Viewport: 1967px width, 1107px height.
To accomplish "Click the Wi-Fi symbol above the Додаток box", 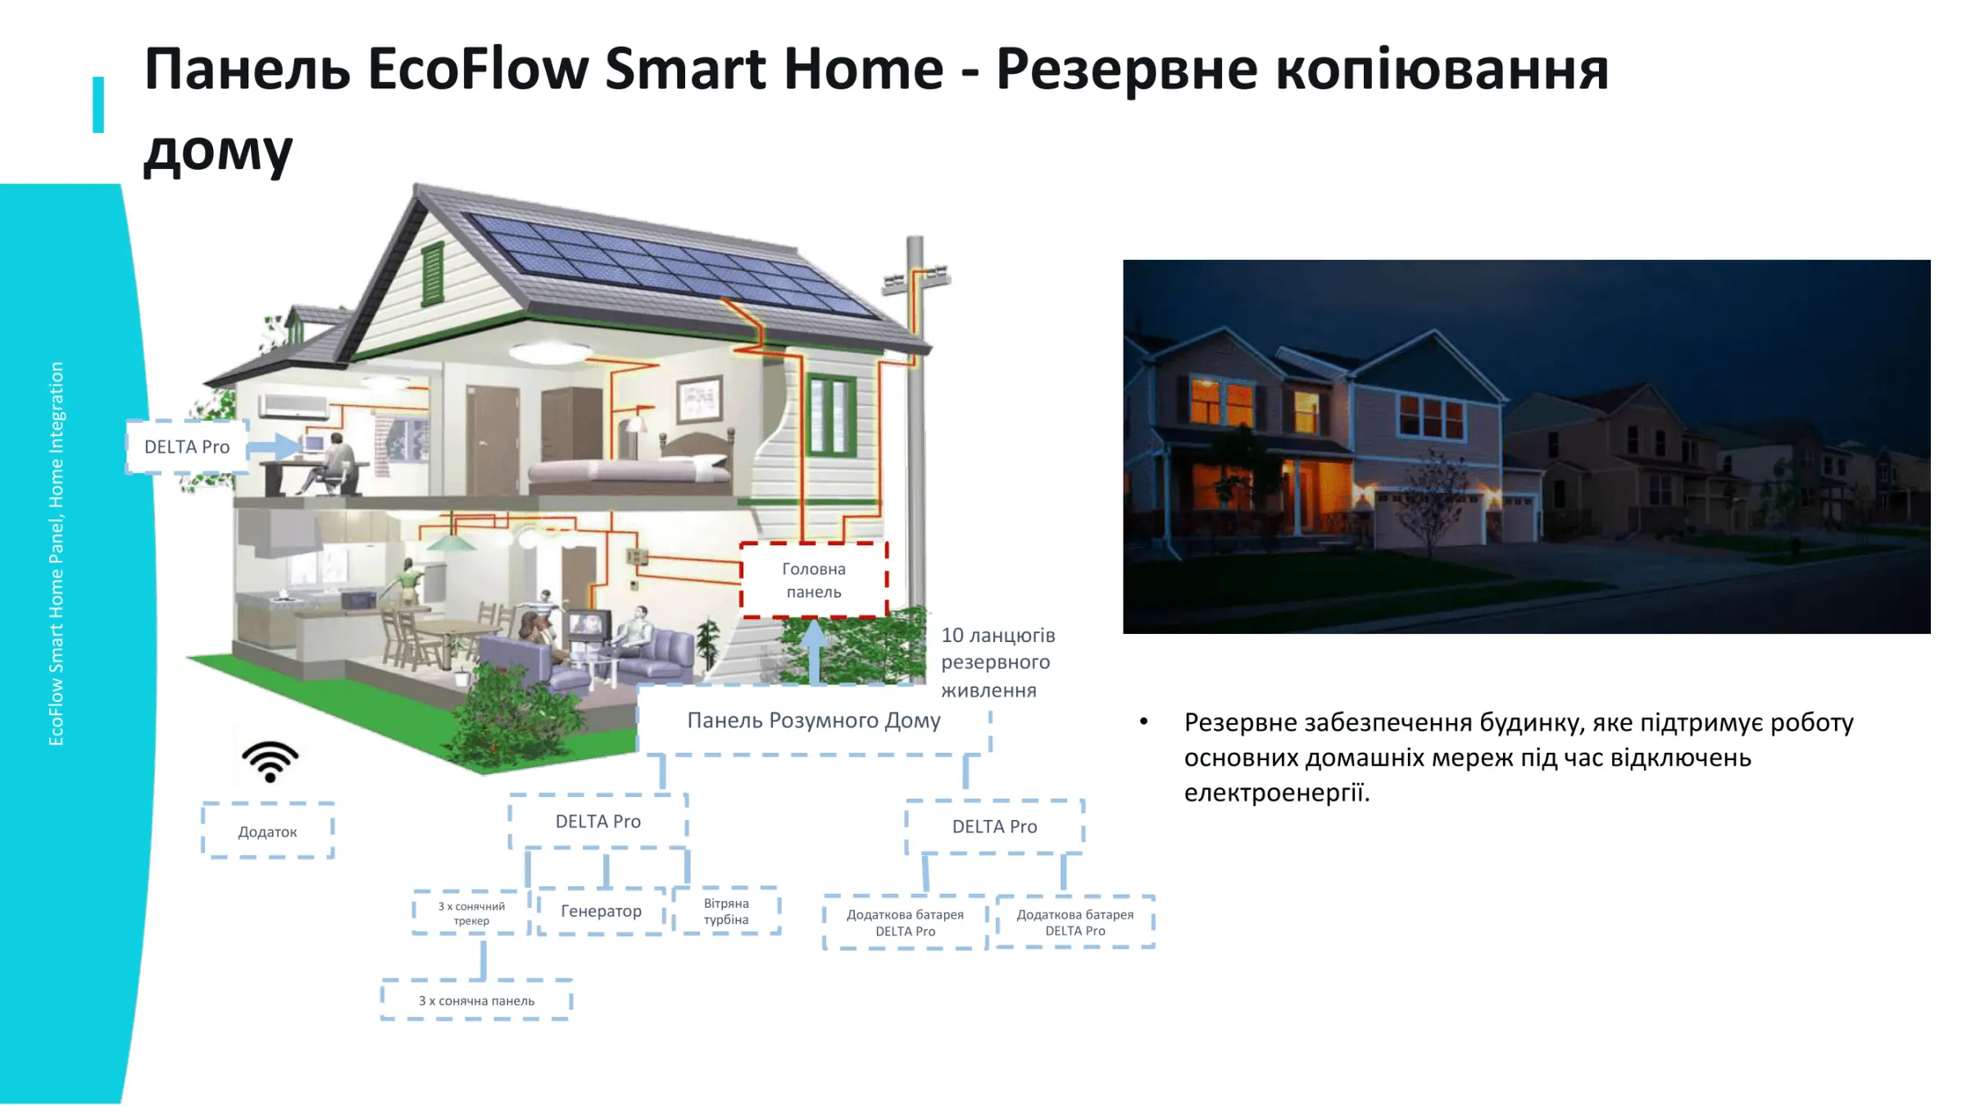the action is (270, 761).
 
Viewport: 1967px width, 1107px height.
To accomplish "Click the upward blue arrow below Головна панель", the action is (814, 652).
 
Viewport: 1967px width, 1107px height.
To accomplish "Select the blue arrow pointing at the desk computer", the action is (275, 447).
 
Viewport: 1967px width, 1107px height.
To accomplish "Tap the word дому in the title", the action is (218, 153).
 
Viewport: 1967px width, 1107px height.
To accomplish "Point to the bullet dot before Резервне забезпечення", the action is (1143, 722).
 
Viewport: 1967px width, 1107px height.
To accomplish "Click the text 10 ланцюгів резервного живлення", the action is (997, 663).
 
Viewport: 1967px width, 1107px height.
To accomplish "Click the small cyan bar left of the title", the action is (98, 105).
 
